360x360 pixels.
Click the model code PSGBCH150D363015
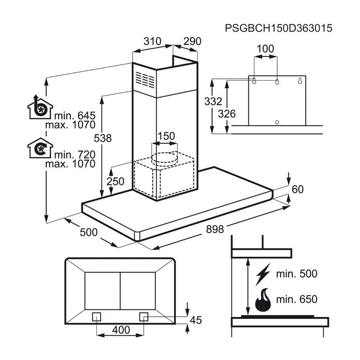pyautogui.click(x=279, y=28)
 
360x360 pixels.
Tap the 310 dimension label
pyautogui.click(x=152, y=41)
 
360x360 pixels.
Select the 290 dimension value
pyautogui.click(x=192, y=41)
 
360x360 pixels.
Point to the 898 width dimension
pyautogui.click(x=215, y=229)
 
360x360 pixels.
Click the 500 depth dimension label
pyautogui.click(x=89, y=232)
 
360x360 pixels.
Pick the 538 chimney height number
pyautogui.click(x=103, y=138)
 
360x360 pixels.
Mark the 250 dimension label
pyautogui.click(x=115, y=182)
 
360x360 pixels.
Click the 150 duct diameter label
pyautogui.click(x=166, y=136)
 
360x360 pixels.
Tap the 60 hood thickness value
pyautogui.click(x=297, y=189)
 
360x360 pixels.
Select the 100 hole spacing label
pyautogui.click(x=265, y=49)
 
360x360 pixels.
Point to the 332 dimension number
pyautogui.click(x=213, y=101)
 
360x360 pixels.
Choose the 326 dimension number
pyautogui.click(x=227, y=114)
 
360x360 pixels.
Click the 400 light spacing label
pyautogui.click(x=121, y=330)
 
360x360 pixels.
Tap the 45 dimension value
pyautogui.click(x=196, y=320)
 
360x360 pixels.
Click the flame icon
pyautogui.click(x=263, y=300)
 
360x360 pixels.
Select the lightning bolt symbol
pyautogui.click(x=263, y=274)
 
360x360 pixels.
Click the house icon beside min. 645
pyautogui.click(x=40, y=107)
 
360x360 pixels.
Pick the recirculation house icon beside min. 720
pyautogui.click(x=40, y=148)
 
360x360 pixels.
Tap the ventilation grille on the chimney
pyautogui.click(x=145, y=80)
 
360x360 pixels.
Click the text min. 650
pyautogui.click(x=297, y=299)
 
